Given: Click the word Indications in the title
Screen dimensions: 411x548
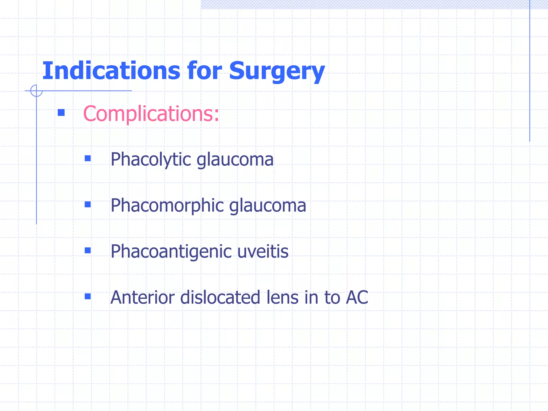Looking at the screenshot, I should point(111,71).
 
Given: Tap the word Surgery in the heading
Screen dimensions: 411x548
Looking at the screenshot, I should point(277,71).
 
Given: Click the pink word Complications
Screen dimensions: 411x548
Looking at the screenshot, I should point(151,114).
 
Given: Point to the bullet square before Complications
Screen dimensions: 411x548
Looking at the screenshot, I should point(61,113).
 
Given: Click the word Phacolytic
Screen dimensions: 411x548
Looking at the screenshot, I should point(151,160).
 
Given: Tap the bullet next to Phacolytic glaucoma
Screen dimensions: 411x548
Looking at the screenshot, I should point(88,159).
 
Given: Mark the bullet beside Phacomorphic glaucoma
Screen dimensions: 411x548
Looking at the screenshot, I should point(88,205).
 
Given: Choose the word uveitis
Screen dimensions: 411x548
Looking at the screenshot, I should point(263,251).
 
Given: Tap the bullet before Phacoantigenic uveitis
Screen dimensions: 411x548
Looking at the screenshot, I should point(88,251).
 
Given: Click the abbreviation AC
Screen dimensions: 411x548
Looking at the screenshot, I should point(357,297).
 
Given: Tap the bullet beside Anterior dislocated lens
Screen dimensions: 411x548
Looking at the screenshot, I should point(88,296).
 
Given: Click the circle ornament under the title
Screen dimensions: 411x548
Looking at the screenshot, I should point(36,91).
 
